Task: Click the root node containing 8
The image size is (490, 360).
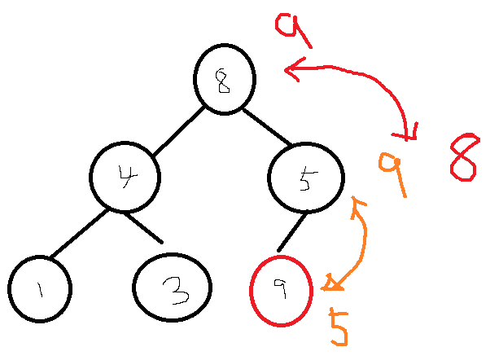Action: pyautogui.click(x=225, y=79)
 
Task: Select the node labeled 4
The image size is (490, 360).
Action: pyautogui.click(x=125, y=177)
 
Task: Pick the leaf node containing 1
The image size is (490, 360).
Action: pyautogui.click(x=40, y=288)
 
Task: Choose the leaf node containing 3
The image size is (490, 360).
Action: pyautogui.click(x=172, y=287)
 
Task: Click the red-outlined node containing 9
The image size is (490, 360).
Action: pyautogui.click(x=281, y=290)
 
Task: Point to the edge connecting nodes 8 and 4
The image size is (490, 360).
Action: pyautogui.click(x=178, y=130)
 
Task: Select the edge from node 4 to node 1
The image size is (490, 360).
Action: pyautogui.click(x=79, y=235)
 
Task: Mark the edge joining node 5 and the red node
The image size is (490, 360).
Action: pyautogui.click(x=292, y=231)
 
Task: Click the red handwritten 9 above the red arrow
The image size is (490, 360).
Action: pyautogui.click(x=291, y=29)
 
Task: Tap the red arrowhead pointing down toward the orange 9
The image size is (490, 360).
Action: pyautogui.click(x=410, y=132)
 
